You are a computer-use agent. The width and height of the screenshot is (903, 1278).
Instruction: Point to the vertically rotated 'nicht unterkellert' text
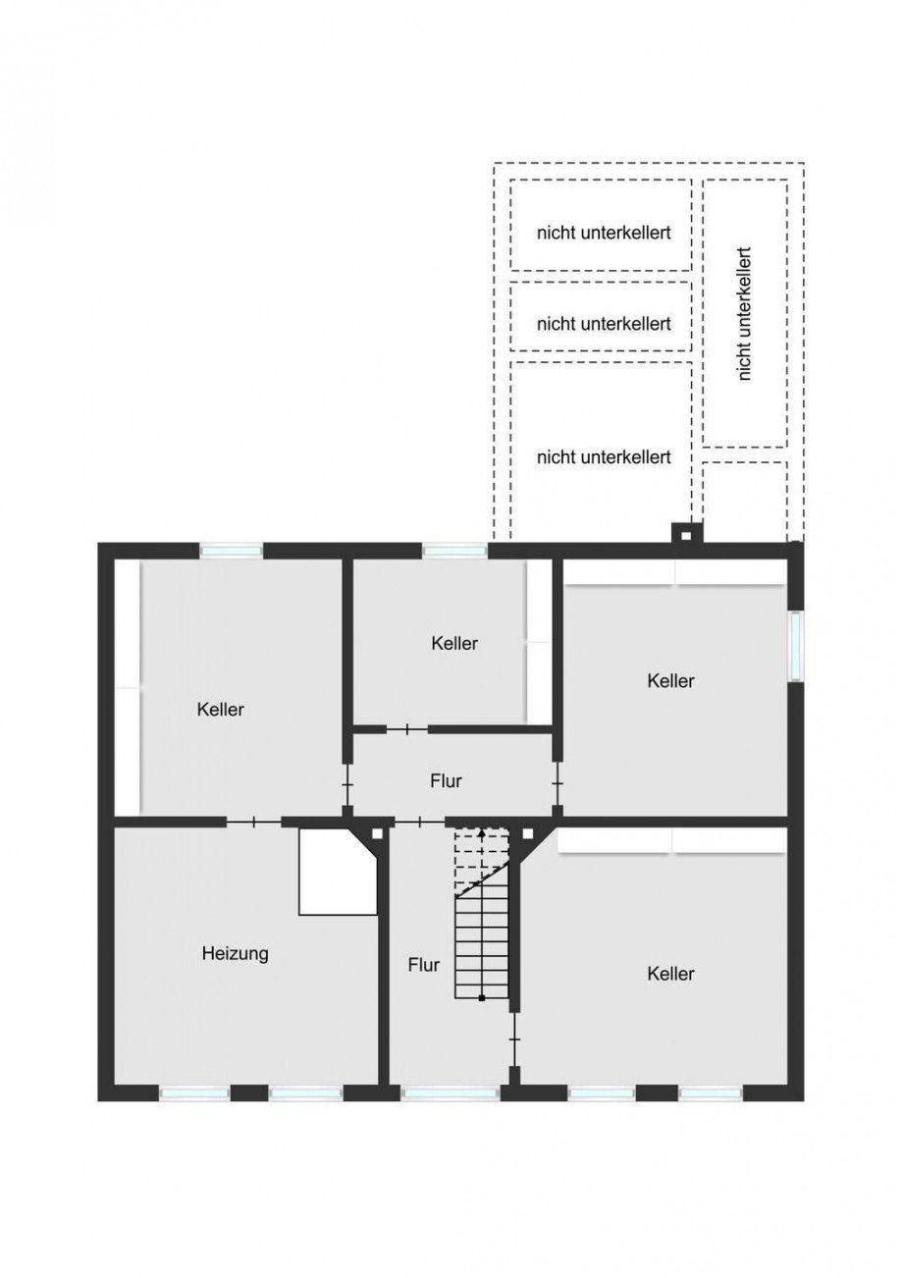pyautogui.click(x=745, y=314)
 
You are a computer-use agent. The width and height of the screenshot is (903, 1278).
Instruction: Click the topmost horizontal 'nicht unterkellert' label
pyautogui.click(x=604, y=233)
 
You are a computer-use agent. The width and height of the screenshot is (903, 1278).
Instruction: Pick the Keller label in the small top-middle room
pyautogui.click(x=454, y=644)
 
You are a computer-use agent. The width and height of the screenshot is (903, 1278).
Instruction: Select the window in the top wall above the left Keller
pyautogui.click(x=231, y=551)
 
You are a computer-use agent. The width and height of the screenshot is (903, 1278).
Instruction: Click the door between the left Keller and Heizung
pyautogui.click(x=254, y=823)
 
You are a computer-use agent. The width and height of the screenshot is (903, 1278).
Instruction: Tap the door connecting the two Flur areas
pyautogui.click(x=420, y=823)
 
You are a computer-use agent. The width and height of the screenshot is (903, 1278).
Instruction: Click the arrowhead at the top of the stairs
pyautogui.click(x=482, y=833)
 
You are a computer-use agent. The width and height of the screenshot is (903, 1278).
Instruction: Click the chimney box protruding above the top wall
pyautogui.click(x=687, y=533)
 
